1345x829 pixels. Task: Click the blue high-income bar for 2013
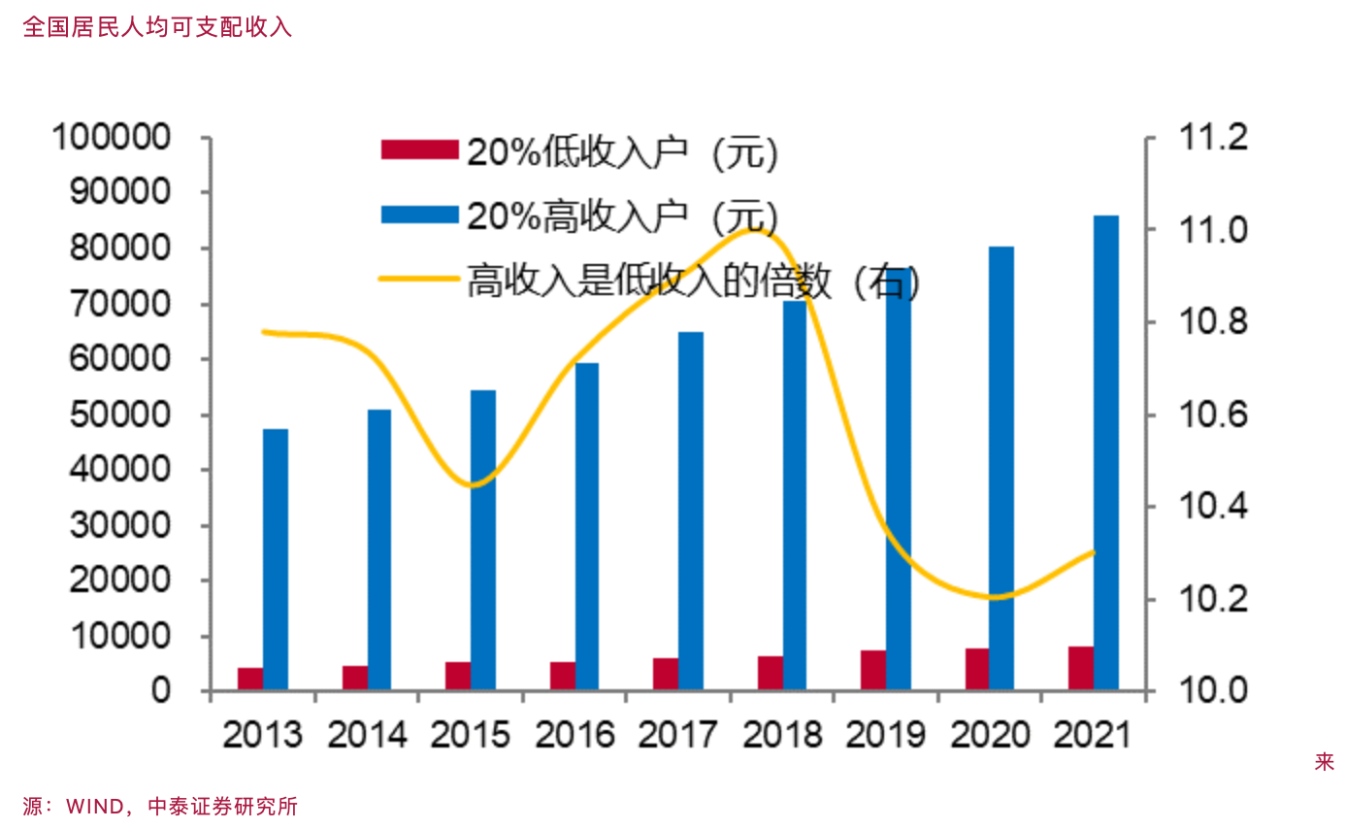click(275, 559)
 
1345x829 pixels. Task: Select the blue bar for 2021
click(1106, 452)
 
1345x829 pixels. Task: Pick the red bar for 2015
click(458, 676)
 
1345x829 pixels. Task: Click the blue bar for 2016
click(587, 526)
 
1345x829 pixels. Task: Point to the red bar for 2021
click(1081, 668)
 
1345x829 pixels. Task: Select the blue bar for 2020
click(1001, 468)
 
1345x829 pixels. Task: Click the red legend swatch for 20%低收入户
click(418, 149)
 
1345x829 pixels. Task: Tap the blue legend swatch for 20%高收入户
click(418, 215)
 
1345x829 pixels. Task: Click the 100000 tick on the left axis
click(128, 137)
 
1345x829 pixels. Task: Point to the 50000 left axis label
click(128, 414)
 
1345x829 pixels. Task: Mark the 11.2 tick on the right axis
click(1210, 138)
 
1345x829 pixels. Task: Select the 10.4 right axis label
click(1210, 507)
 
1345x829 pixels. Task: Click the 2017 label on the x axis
click(677, 736)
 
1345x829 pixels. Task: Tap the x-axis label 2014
click(366, 736)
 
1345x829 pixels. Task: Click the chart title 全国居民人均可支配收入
click(157, 26)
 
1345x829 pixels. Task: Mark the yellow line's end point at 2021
click(1094, 552)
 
